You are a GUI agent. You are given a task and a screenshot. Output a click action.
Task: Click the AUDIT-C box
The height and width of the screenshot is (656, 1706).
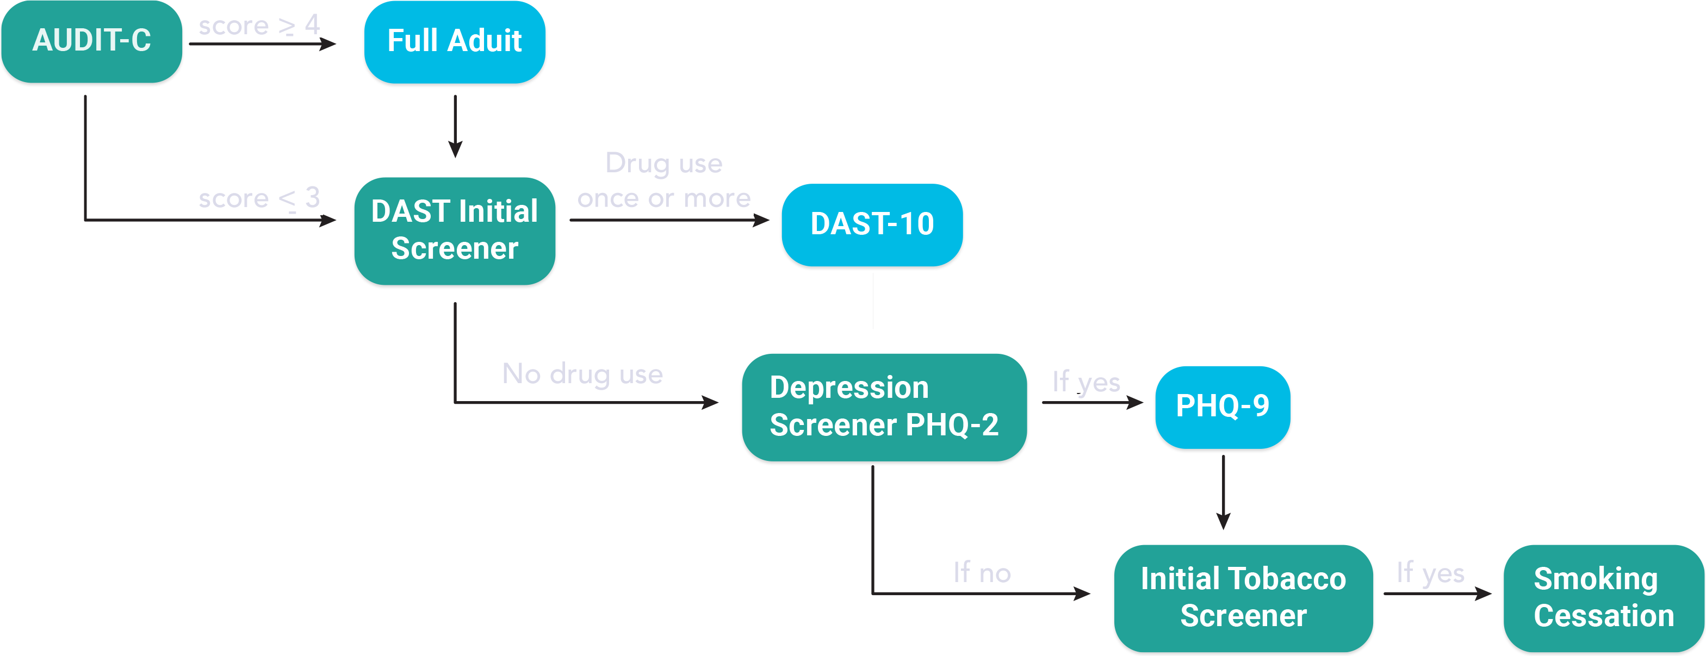[91, 41]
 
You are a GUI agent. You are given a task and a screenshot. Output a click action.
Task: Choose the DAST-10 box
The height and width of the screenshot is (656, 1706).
[872, 224]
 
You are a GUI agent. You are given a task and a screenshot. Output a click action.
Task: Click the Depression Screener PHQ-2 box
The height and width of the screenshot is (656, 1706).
[884, 407]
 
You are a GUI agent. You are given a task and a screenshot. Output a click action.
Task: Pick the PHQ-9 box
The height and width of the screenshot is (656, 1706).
[1223, 407]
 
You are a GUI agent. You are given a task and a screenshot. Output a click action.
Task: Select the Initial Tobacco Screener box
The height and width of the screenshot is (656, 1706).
[1243, 598]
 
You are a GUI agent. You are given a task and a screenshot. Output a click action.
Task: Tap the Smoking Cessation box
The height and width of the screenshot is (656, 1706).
[1603, 598]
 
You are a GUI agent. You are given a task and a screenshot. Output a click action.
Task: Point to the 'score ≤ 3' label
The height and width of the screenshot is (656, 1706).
[259, 198]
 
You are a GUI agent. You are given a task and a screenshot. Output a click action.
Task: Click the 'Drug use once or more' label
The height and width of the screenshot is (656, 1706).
[663, 180]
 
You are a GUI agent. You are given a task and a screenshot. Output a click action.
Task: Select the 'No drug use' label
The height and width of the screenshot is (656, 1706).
[582, 374]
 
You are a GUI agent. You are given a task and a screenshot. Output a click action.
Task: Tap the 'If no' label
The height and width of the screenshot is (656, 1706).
[982, 573]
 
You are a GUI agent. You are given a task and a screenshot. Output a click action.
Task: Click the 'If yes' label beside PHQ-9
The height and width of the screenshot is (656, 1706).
[1086, 382]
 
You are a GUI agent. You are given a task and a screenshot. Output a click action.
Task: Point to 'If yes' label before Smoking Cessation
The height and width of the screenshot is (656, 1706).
[1430, 573]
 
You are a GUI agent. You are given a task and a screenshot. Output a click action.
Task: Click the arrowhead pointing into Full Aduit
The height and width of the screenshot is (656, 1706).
[328, 43]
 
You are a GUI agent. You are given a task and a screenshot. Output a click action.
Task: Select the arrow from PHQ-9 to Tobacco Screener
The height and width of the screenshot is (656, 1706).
[1223, 492]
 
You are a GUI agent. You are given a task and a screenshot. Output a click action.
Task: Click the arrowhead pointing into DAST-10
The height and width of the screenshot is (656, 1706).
[761, 220]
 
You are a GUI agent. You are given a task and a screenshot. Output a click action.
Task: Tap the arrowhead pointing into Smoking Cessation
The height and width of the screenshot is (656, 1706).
[1484, 594]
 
